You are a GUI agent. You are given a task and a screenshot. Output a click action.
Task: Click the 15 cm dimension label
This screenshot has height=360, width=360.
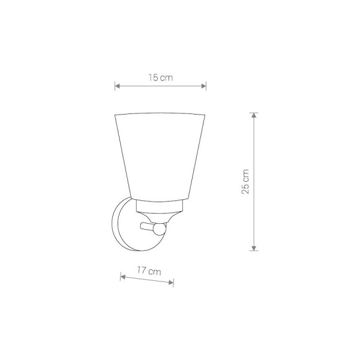[160, 77]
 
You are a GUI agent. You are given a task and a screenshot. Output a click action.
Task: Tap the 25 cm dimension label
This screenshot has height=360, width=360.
[245, 182]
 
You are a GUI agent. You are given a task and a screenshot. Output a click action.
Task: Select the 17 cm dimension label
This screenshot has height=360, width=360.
[149, 271]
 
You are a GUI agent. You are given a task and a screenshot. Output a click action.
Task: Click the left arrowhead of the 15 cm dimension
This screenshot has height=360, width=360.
[118, 86]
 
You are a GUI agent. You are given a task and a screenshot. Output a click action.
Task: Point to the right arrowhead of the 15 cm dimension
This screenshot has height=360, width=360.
[203, 86]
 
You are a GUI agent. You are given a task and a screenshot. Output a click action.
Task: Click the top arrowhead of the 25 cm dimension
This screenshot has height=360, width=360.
[254, 115]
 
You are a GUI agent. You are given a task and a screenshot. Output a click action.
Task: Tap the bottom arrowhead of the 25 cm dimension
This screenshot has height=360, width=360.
[254, 248]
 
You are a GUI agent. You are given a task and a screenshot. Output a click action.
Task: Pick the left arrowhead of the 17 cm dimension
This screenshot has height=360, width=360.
[123, 277]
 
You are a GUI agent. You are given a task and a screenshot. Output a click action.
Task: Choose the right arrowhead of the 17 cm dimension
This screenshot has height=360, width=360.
[171, 283]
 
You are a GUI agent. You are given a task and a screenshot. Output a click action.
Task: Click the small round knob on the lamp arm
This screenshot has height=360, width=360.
[160, 229]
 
